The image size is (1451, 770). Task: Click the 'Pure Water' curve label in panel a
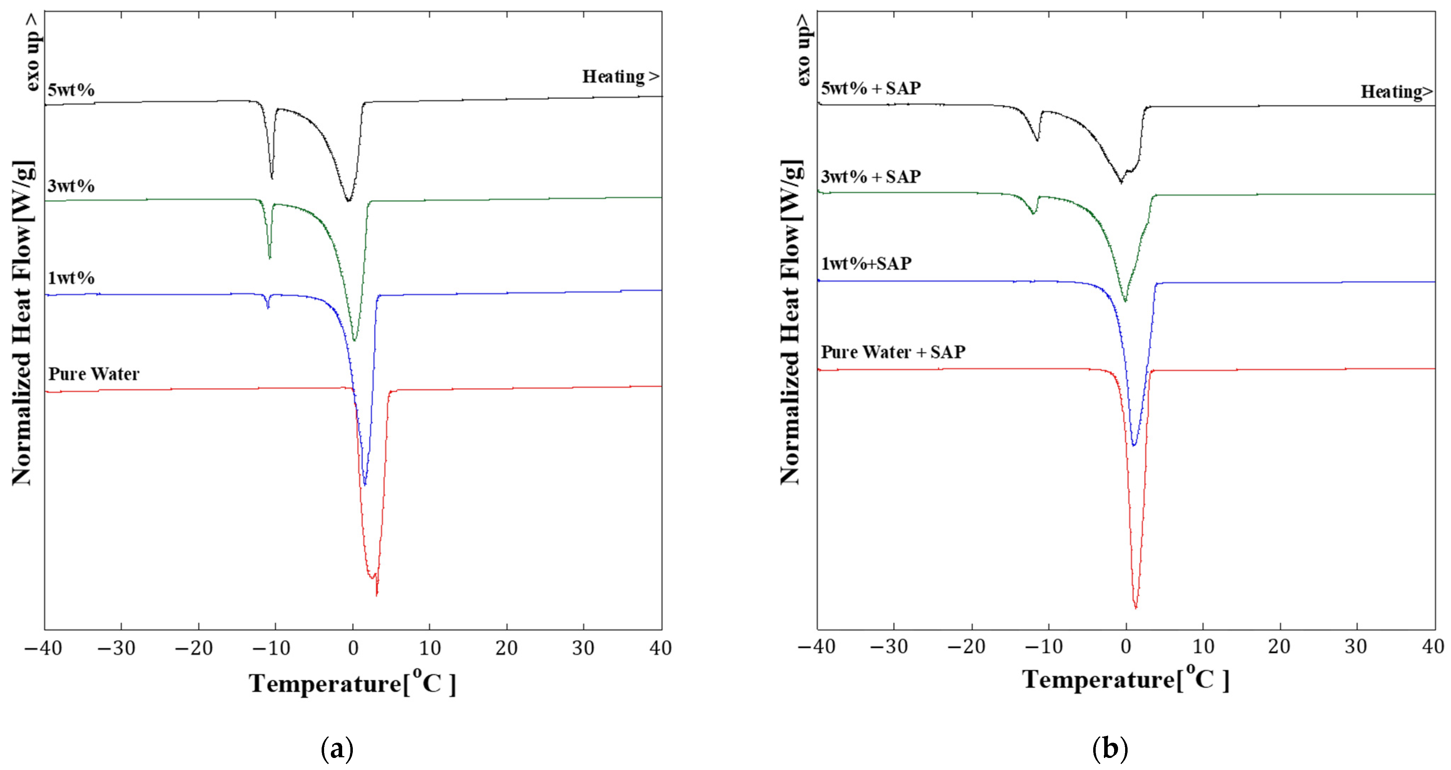tap(94, 374)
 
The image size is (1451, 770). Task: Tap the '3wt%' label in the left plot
tap(71, 186)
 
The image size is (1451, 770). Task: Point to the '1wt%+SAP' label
tap(866, 263)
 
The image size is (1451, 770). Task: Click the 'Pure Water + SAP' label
tap(893, 352)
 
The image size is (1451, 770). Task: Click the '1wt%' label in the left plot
tap(71, 278)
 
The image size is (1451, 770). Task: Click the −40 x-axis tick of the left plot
tap(43, 648)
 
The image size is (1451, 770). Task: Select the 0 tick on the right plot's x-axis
tap(1126, 647)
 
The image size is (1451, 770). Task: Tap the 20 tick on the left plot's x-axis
tap(506, 648)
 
